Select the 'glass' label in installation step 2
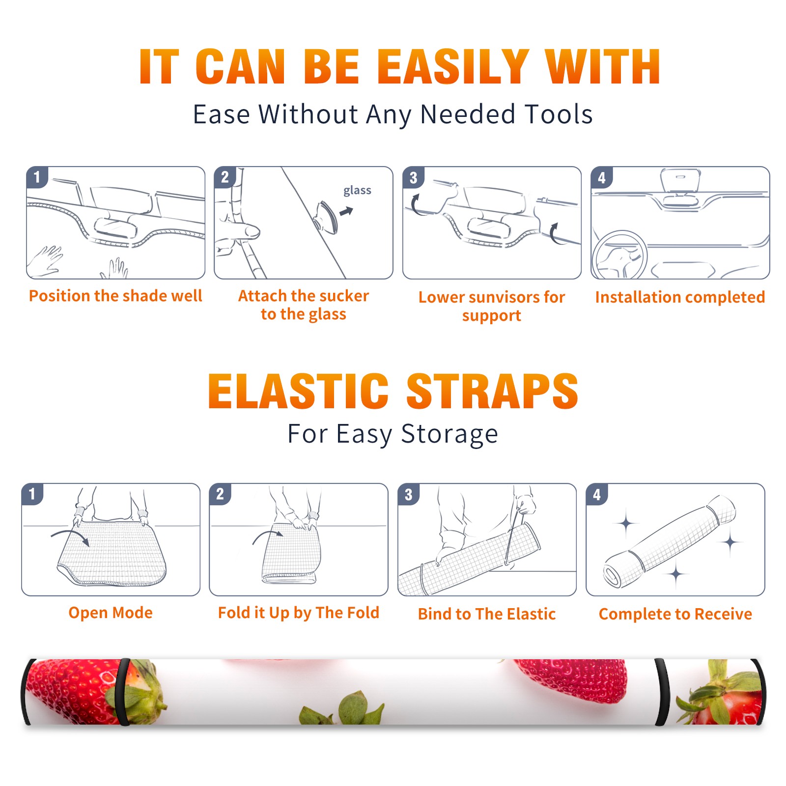(357, 191)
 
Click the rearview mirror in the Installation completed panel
(680, 181)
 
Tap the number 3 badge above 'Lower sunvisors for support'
(413, 177)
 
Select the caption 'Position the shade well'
(115, 296)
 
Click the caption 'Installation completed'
(680, 297)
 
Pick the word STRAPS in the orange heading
(492, 391)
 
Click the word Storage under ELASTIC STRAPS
(449, 434)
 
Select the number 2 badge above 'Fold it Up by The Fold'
(220, 494)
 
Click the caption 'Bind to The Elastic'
(486, 614)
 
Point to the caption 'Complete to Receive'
(675, 614)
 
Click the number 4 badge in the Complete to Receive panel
(597, 494)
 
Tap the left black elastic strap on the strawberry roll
(123, 692)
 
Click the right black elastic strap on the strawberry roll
(662, 692)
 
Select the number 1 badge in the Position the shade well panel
(37, 177)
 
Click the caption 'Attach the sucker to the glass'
(304, 305)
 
